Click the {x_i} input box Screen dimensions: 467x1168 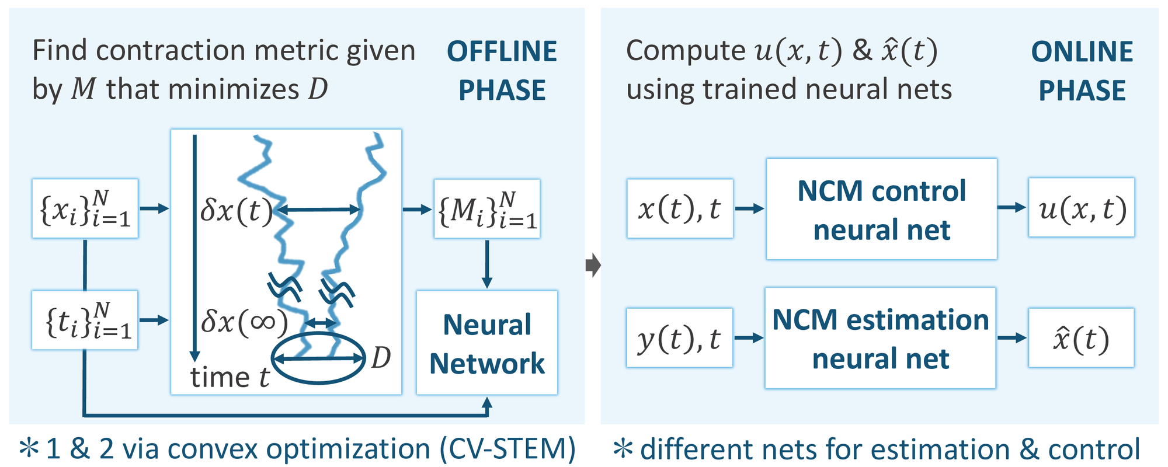[x=85, y=208]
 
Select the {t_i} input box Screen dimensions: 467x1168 [x=85, y=320]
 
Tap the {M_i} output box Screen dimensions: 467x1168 [x=486, y=208]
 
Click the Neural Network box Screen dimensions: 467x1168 [x=486, y=343]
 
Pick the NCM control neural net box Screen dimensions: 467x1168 [x=881, y=209]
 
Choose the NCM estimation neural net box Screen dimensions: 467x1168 [x=880, y=338]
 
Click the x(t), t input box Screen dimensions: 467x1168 [x=679, y=208]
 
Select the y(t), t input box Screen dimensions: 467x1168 [x=679, y=338]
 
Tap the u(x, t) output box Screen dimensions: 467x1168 [x=1081, y=208]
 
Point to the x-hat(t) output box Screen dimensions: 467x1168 [x=1081, y=338]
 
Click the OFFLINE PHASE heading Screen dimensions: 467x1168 [x=502, y=71]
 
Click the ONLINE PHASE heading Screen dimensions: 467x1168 [x=1082, y=71]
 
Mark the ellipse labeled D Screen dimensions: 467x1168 [x=318, y=358]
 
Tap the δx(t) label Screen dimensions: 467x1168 [x=237, y=210]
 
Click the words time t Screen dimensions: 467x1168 [x=230, y=378]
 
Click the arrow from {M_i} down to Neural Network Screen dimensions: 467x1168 [x=486, y=264]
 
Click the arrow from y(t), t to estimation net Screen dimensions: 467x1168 [x=749, y=338]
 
